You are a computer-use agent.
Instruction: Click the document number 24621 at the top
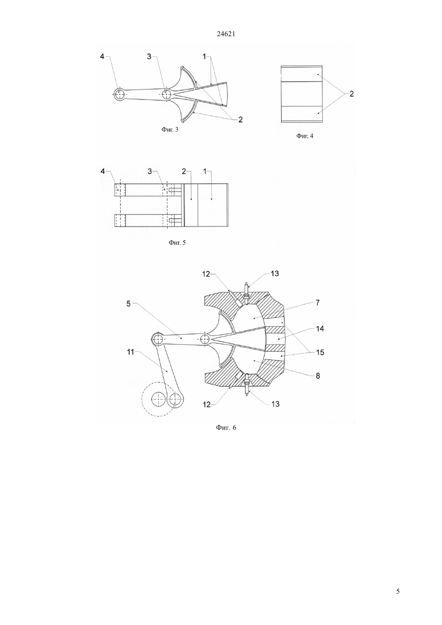tap(226, 34)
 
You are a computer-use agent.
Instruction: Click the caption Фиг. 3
tap(170, 129)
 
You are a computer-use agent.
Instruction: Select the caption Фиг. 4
tap(305, 136)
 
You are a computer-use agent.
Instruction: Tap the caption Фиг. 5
tap(177, 243)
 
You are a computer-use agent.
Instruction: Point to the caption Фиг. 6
tap(226, 427)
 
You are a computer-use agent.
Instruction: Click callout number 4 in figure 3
tap(102, 56)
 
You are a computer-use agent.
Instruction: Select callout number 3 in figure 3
tap(149, 56)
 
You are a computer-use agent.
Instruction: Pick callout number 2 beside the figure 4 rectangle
tap(352, 94)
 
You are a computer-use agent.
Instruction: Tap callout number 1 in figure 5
tap(205, 172)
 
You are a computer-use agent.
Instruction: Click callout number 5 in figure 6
tap(128, 304)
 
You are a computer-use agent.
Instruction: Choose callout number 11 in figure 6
tap(131, 352)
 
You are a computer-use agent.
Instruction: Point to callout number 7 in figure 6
tap(317, 303)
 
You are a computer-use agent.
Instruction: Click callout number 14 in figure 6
tap(320, 329)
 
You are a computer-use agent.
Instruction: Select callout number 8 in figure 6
tap(318, 376)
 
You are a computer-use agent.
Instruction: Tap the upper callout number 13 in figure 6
tap(275, 274)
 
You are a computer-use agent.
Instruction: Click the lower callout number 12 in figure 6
tap(207, 404)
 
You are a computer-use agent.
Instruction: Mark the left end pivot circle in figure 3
tap(120, 94)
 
